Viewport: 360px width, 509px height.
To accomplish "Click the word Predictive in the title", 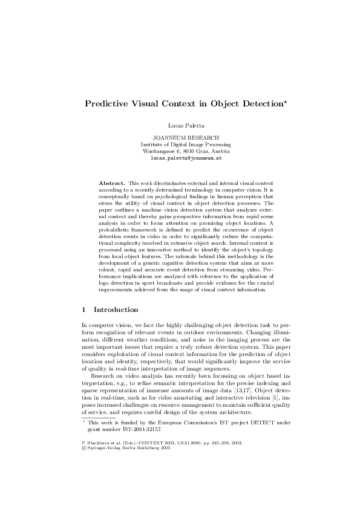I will (103, 103).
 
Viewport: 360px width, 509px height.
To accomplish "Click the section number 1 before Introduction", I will (83, 310).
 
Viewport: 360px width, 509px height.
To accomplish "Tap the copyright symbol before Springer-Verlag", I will (83, 431).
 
